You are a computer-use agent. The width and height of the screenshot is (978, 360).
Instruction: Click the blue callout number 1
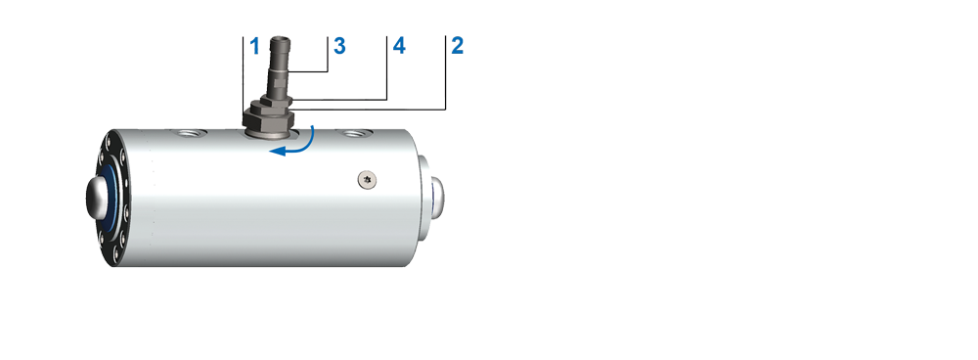(254, 46)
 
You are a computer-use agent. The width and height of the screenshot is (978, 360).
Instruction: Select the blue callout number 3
(339, 46)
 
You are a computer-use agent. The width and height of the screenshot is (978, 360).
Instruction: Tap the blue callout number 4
(399, 46)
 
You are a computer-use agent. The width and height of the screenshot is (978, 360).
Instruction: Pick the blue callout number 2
(457, 46)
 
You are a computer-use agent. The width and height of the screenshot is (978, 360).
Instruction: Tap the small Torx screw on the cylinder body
(368, 180)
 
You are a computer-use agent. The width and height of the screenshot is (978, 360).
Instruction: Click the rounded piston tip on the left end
(97, 198)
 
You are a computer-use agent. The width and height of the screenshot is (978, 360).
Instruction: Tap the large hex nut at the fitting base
(268, 118)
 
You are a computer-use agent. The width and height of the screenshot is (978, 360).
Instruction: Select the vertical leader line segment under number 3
(328, 54)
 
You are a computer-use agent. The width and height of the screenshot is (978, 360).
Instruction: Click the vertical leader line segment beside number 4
(387, 68)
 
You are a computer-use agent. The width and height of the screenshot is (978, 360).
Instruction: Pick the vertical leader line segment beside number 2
(446, 73)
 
